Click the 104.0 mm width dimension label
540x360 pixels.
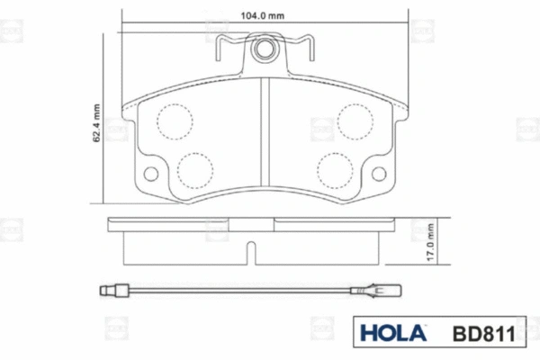263,15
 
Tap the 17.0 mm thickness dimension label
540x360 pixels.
434,242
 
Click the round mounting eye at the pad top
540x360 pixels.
265,50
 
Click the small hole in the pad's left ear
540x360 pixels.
151,175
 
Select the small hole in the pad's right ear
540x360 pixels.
380,175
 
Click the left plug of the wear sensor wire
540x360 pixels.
109,291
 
